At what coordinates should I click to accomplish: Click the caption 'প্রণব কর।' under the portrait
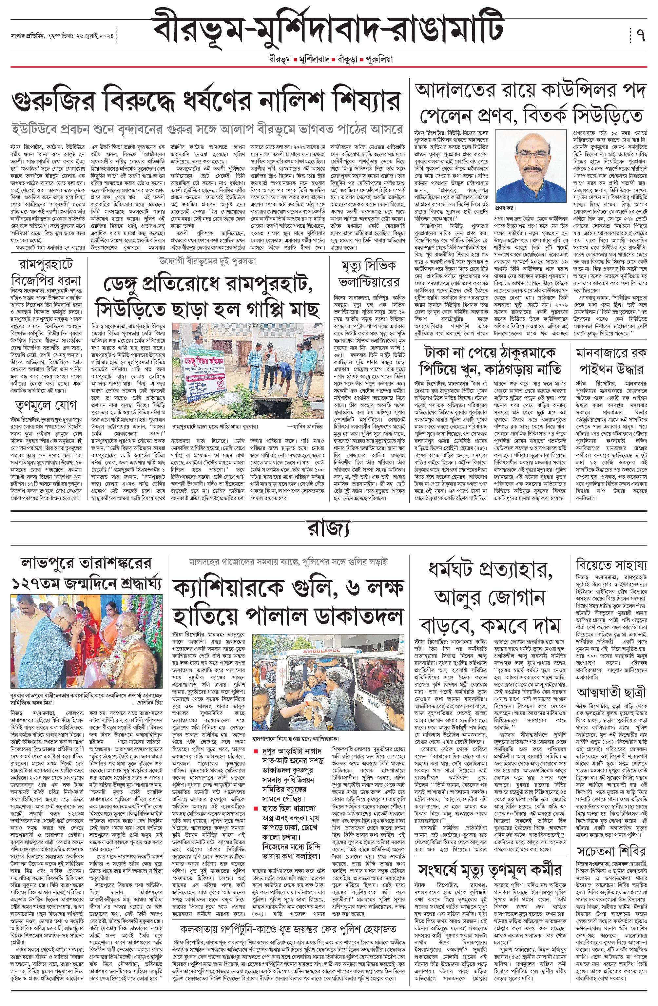[506, 208]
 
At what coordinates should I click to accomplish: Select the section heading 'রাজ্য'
[328, 529]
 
